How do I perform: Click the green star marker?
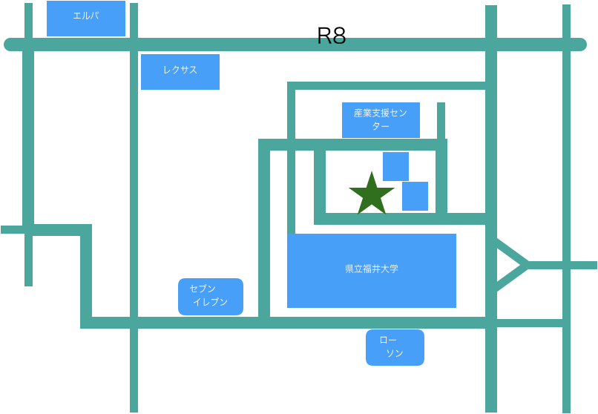371,195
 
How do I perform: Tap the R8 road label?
331,36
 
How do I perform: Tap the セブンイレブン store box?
211,297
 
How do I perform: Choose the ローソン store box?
395,347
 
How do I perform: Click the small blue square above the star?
395,166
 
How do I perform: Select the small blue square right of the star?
415,196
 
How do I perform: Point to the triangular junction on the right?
510,265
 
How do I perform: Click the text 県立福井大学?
372,269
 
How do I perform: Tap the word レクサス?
180,70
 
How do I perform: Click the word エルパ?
86,15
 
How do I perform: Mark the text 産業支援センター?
381,119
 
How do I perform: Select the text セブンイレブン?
208,295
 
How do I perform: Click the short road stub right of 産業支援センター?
441,119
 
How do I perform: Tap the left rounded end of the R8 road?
10,45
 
